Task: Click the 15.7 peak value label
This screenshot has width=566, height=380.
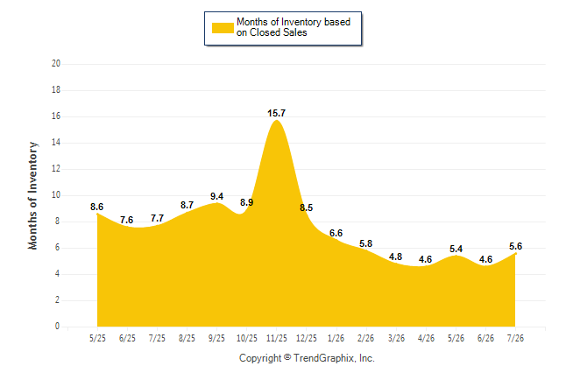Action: pyautogui.click(x=277, y=113)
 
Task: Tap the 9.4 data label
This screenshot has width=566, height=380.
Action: pyautogui.click(x=217, y=196)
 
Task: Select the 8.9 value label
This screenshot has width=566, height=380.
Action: pyautogui.click(x=246, y=202)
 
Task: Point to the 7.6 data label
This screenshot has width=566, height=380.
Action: pyautogui.click(x=127, y=220)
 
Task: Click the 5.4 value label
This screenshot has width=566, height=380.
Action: pyautogui.click(x=456, y=249)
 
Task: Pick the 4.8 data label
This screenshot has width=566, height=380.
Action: pyautogui.click(x=396, y=257)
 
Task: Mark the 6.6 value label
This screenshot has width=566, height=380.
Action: pyautogui.click(x=336, y=233)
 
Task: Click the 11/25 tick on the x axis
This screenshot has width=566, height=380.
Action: pyautogui.click(x=277, y=338)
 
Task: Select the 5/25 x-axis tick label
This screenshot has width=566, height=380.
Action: pyautogui.click(x=97, y=338)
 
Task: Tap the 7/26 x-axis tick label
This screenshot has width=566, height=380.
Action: pyautogui.click(x=515, y=338)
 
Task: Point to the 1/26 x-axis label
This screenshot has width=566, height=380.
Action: pyautogui.click(x=336, y=338)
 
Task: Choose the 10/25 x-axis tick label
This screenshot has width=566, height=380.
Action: pyautogui.click(x=246, y=338)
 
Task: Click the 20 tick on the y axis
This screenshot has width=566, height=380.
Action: pyautogui.click(x=56, y=64)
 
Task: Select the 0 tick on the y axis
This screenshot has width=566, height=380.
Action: pyautogui.click(x=58, y=327)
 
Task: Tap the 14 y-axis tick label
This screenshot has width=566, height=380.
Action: pyautogui.click(x=56, y=143)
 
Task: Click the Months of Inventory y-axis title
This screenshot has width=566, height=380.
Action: pyautogui.click(x=32, y=195)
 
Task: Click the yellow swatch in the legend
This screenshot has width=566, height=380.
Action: pyautogui.click(x=223, y=28)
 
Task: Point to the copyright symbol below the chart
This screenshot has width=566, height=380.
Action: pyautogui.click(x=287, y=357)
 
